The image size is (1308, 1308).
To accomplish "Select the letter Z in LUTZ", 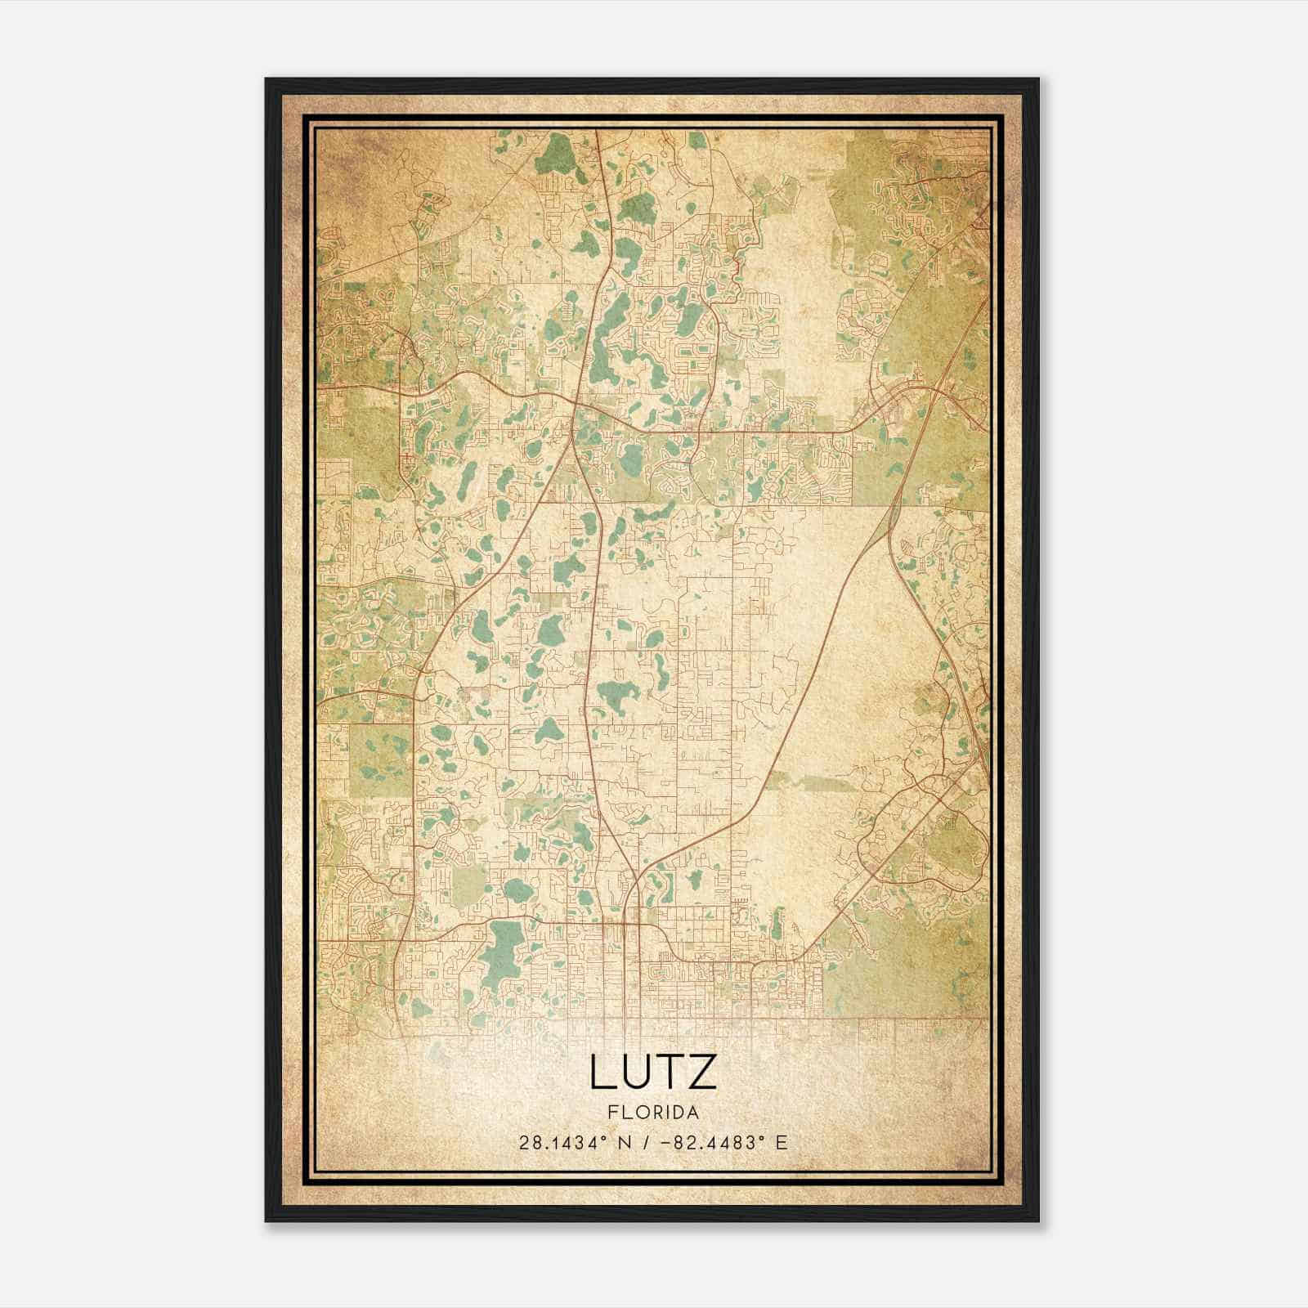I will point(702,1073).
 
